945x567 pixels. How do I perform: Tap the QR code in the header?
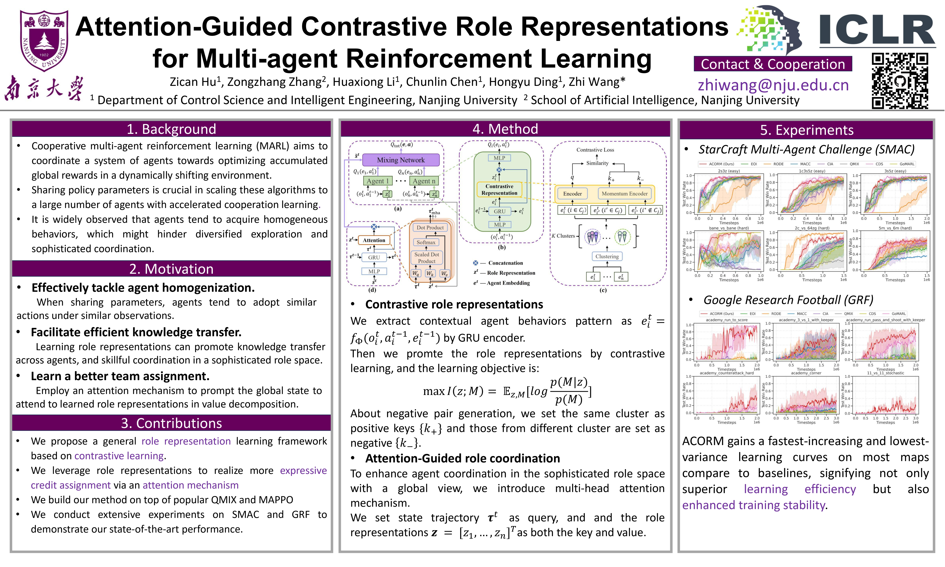pyautogui.click(x=900, y=81)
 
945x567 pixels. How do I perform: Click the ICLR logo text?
pyautogui.click(x=877, y=31)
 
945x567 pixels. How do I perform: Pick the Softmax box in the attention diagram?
pyautogui.click(x=426, y=242)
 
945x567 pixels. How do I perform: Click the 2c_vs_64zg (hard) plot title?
pyautogui.click(x=812, y=228)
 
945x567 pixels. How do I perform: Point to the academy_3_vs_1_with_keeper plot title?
pyautogui.click(x=806, y=320)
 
